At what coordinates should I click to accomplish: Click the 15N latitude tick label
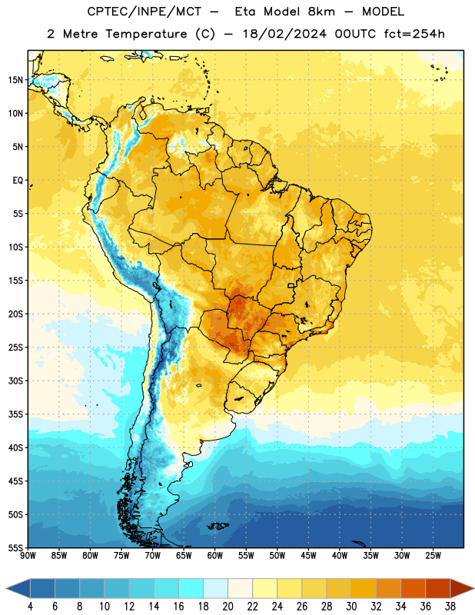(15, 80)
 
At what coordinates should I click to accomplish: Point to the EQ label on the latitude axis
(18, 181)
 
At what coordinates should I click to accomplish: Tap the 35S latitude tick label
(15, 414)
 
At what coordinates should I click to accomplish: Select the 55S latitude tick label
(15, 547)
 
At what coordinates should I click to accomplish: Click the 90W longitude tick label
(28, 556)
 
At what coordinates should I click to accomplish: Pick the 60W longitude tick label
(215, 556)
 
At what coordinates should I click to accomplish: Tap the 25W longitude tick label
(433, 556)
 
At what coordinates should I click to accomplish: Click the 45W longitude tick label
(308, 556)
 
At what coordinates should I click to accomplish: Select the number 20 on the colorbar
(228, 607)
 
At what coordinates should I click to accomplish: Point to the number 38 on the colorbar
(450, 607)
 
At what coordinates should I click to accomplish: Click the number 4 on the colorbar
(30, 607)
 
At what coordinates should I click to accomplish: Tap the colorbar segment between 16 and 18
(191, 588)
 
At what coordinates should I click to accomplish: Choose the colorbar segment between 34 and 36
(414, 588)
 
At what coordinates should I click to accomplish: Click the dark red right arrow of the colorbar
(461, 588)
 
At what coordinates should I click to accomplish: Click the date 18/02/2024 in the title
(284, 34)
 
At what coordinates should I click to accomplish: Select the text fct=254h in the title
(414, 34)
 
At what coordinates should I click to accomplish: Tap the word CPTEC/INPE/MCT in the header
(144, 12)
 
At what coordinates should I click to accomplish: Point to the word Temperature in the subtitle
(146, 34)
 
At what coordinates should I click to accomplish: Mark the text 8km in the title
(321, 12)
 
